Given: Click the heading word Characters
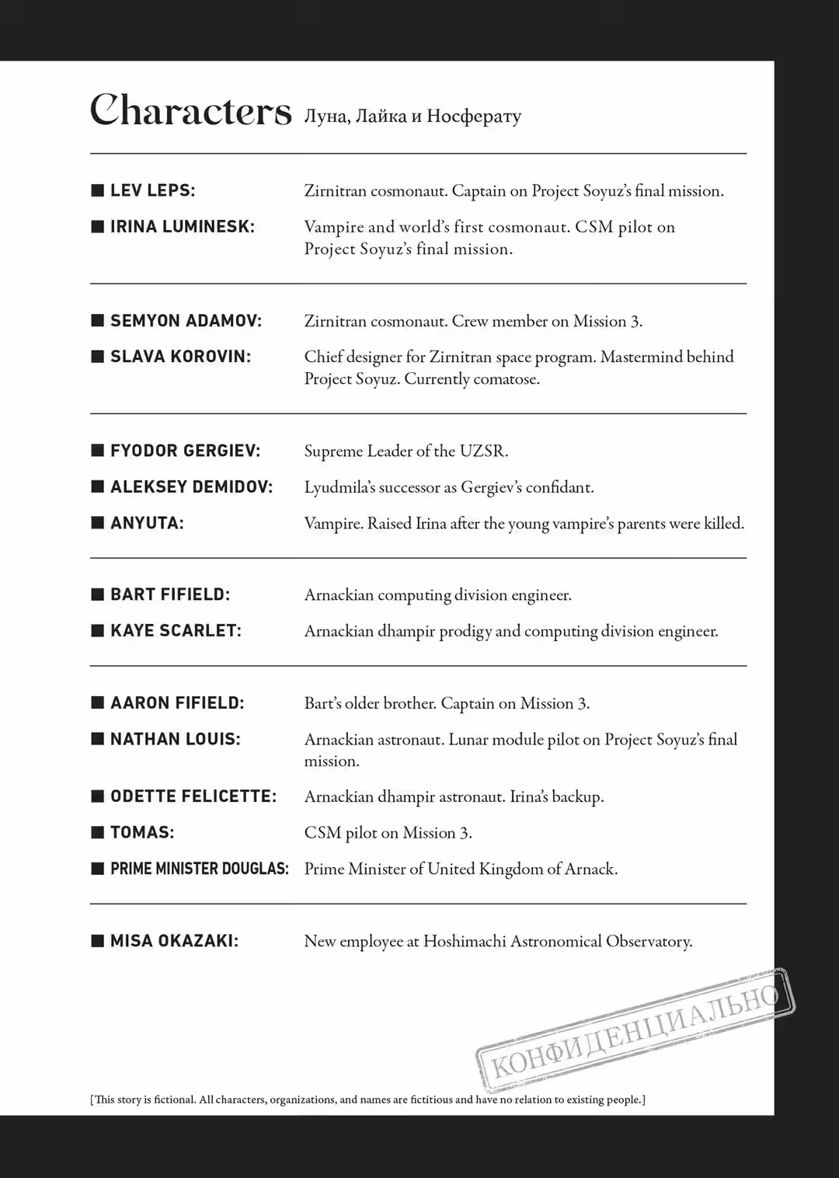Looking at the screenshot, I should [x=190, y=111].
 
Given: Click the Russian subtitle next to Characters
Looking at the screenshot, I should [x=412, y=117].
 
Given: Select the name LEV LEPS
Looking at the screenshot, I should [x=152, y=190].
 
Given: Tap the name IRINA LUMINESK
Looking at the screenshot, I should [x=182, y=227].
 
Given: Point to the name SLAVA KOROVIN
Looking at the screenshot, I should [x=180, y=357].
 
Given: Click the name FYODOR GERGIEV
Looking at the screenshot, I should [x=185, y=451].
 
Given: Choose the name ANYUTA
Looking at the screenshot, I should [x=147, y=523].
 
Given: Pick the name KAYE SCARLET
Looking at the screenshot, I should [x=176, y=631].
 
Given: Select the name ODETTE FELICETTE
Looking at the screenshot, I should [x=193, y=796].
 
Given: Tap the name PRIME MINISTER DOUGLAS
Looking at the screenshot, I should [x=199, y=869].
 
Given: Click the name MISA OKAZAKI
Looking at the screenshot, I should [x=174, y=941].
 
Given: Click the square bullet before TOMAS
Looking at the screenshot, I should [x=98, y=832].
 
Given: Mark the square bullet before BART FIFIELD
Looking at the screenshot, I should [x=98, y=594].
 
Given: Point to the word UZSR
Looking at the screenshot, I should [x=482, y=451].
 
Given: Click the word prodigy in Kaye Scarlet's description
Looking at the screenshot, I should [x=465, y=632].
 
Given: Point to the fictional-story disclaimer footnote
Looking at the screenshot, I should [x=367, y=1100].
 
